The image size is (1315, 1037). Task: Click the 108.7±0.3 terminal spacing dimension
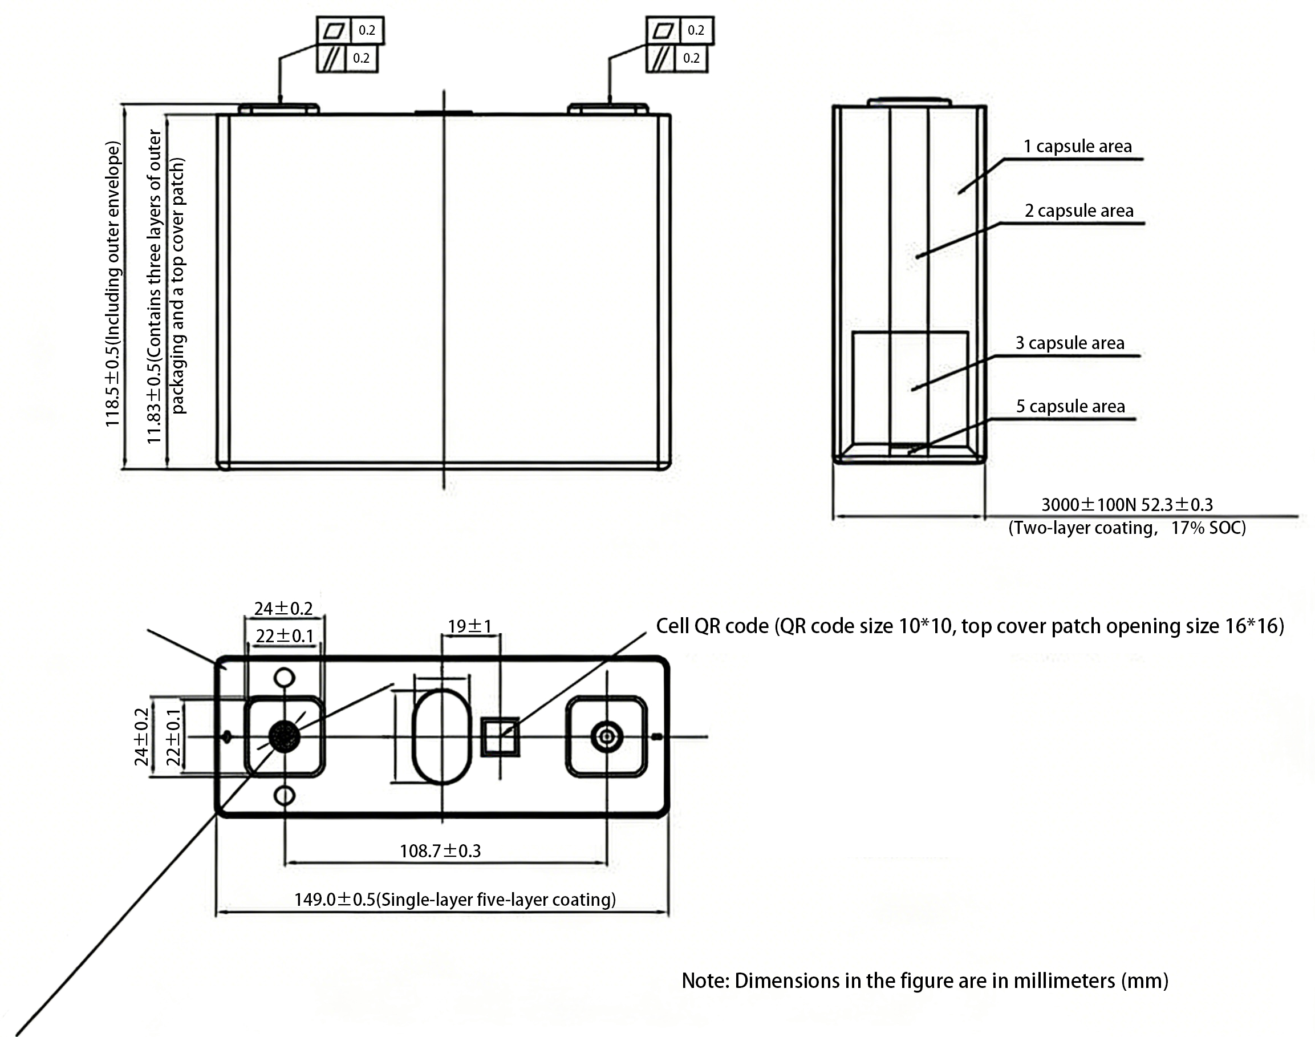tap(440, 850)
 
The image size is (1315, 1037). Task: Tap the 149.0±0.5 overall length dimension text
tap(455, 899)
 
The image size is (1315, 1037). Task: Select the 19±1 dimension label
tap(470, 626)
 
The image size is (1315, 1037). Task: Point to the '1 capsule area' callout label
tap(1077, 147)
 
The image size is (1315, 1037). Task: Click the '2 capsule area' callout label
tap(1079, 210)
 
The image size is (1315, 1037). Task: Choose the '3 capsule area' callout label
tap(1070, 343)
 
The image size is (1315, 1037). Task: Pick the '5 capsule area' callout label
tap(1070, 406)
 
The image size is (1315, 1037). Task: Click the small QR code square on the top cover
tap(500, 737)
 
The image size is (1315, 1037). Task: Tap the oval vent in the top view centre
tap(442, 736)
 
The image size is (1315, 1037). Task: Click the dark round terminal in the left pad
tap(284, 736)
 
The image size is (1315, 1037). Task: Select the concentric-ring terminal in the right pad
tap(606, 737)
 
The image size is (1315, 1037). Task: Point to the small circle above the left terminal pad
tap(285, 678)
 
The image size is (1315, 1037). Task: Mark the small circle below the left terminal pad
tap(285, 795)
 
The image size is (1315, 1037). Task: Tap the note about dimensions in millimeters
tap(925, 981)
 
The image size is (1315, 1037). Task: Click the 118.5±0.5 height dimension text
tap(113, 284)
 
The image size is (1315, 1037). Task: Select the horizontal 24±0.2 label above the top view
tap(283, 607)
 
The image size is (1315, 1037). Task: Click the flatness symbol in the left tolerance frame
tap(334, 30)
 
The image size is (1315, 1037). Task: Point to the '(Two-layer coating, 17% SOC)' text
tap(1127, 528)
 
